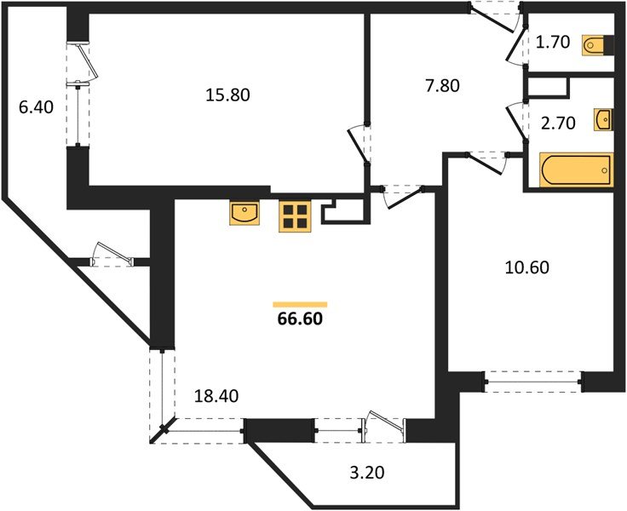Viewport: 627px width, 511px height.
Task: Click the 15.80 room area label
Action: coord(227,95)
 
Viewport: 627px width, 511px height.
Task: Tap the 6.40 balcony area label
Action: coord(36,107)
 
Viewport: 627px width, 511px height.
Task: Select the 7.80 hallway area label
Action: coord(442,85)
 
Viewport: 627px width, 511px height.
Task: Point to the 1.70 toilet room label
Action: coord(552,42)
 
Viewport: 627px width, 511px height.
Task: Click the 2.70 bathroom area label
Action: coord(558,123)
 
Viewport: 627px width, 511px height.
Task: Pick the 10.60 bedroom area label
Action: coord(527,267)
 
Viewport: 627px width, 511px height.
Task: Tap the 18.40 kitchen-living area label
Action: coord(216,396)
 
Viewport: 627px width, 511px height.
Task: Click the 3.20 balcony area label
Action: coord(367,473)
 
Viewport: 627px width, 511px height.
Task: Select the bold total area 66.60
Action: coord(300,319)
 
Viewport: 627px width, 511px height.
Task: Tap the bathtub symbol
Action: coord(576,170)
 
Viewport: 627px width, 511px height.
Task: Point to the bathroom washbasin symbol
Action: coord(603,119)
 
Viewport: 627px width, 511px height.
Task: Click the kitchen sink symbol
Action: coord(244,213)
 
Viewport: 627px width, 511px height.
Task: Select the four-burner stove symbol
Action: coord(296,216)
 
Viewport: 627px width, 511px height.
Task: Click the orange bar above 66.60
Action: coord(300,305)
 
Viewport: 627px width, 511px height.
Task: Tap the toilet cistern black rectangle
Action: coord(609,44)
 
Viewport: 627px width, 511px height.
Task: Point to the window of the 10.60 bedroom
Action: coord(533,382)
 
